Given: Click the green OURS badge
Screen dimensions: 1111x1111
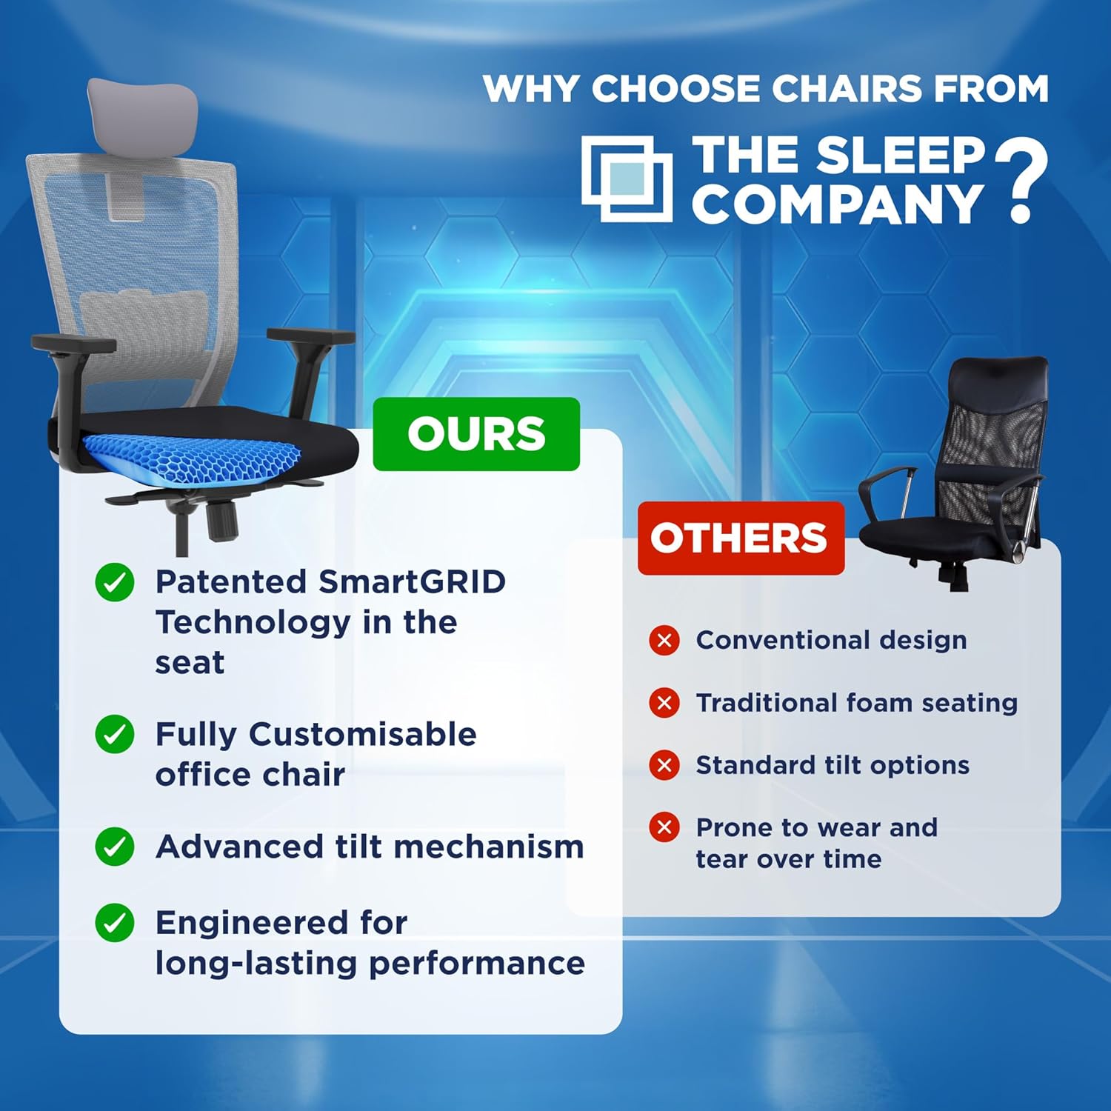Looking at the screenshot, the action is (476, 434).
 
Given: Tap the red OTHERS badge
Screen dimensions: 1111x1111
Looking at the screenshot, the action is (741, 538).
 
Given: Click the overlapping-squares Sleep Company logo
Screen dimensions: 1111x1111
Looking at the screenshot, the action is (627, 179).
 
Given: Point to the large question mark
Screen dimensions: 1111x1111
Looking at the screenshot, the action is (1021, 181).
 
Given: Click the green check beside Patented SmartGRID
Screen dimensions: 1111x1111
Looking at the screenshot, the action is (115, 582).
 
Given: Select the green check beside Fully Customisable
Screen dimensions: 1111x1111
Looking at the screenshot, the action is (115, 734).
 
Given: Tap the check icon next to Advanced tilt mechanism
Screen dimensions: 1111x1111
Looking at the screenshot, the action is (115, 847).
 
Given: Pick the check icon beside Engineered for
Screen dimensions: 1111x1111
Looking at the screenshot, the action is (115, 923).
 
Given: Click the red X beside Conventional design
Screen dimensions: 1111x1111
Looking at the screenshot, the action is (664, 640).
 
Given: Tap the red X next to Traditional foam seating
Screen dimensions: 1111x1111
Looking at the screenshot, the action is (664, 702).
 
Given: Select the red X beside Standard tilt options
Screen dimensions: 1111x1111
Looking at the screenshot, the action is (664, 764).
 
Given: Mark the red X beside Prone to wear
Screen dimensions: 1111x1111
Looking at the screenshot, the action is (664, 827).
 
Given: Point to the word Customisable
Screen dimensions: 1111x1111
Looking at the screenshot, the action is (363, 734).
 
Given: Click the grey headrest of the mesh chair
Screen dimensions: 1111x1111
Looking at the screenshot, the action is (142, 111).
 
